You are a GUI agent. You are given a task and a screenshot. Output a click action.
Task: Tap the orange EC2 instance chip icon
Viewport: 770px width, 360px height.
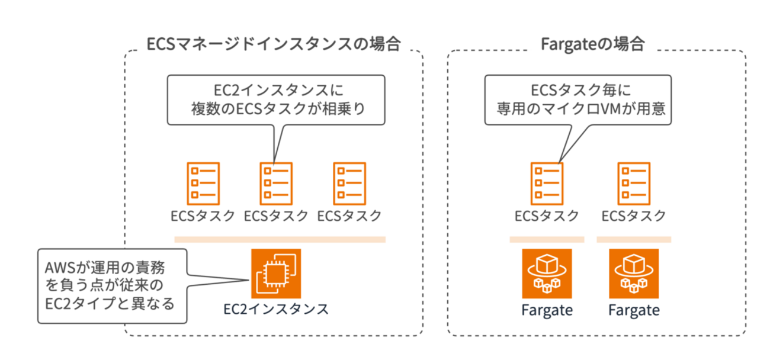276,274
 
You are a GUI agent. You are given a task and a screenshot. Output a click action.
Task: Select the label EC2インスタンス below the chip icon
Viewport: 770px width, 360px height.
276,309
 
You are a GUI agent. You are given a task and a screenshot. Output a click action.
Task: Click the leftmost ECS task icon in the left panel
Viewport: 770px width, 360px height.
203,181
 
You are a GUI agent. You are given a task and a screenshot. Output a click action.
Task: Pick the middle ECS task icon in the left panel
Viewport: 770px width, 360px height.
275,181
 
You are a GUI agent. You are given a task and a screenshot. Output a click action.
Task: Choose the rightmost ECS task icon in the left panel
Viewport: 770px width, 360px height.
349,181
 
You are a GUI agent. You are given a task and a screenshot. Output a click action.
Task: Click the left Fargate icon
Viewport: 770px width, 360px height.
547,274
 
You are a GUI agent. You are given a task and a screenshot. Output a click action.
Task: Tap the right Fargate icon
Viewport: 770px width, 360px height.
633,274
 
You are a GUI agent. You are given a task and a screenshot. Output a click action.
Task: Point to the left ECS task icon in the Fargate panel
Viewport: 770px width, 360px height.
547,181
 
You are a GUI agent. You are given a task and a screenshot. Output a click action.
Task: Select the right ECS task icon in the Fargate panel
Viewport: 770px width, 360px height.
633,181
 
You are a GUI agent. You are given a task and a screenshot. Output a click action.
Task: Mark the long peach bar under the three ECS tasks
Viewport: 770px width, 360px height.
280,240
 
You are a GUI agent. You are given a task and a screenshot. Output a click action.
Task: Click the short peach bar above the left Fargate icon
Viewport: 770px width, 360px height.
547,240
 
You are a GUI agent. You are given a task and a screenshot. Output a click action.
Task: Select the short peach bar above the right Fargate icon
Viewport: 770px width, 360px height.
633,240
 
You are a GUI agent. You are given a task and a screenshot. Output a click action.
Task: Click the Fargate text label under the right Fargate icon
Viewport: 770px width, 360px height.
633,310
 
